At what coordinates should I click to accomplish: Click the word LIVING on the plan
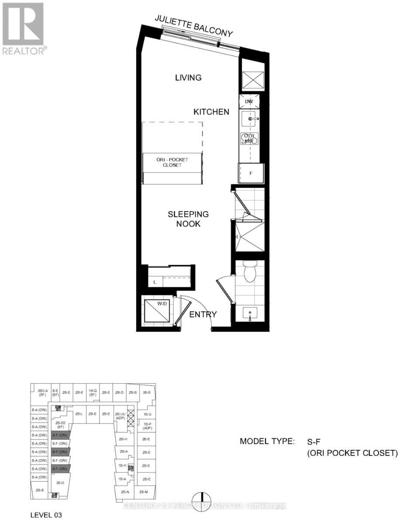click(x=188, y=78)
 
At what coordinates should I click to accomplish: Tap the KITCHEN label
click(x=211, y=112)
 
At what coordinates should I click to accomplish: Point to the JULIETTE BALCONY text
click(x=194, y=27)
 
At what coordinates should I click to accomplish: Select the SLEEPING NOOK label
click(x=189, y=219)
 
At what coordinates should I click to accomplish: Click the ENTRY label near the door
click(x=203, y=314)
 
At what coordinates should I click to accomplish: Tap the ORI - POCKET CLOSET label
click(x=173, y=162)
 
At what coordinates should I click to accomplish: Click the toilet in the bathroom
click(x=251, y=272)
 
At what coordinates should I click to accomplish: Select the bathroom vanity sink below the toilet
click(x=250, y=313)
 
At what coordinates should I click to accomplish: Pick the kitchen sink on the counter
click(x=251, y=118)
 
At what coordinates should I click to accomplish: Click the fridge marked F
click(x=251, y=173)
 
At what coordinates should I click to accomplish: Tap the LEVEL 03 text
click(x=46, y=515)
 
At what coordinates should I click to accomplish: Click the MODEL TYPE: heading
click(x=267, y=441)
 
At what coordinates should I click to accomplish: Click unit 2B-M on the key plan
click(x=144, y=492)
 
